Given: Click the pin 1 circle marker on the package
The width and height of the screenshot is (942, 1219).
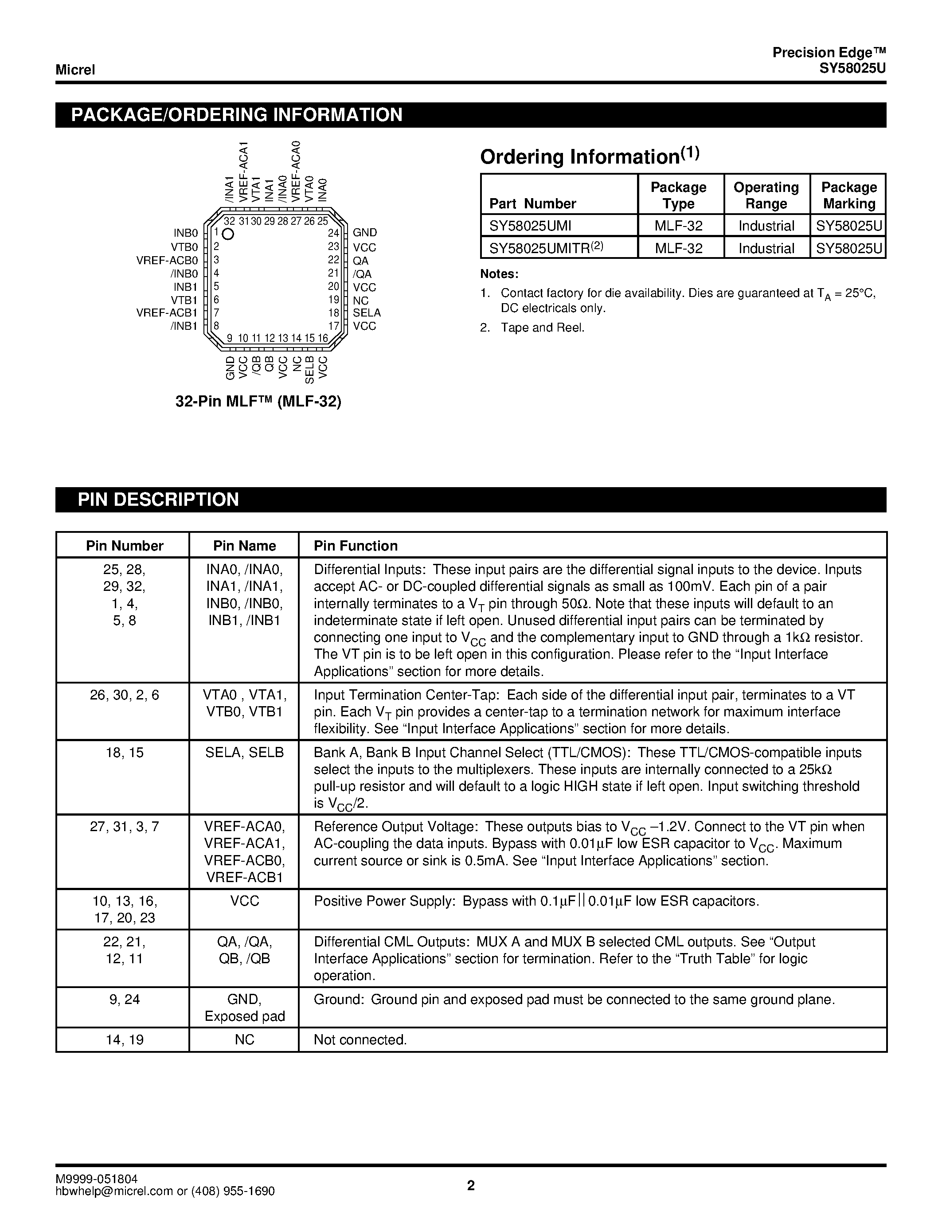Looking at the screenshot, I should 228,234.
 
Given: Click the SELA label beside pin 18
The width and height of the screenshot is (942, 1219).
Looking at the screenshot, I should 367,313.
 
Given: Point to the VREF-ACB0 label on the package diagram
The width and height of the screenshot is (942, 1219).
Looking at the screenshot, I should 167,261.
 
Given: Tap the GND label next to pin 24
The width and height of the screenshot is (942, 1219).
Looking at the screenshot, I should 365,233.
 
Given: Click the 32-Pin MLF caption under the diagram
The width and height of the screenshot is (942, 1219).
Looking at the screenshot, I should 258,401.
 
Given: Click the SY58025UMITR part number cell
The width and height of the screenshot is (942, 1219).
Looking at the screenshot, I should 546,248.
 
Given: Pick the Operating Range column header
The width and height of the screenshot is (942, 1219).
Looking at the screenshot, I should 766,195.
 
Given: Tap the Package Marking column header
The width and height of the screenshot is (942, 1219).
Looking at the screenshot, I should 848,195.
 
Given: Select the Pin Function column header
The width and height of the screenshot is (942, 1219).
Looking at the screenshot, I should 356,546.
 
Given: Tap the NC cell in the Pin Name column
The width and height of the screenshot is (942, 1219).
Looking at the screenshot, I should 244,1039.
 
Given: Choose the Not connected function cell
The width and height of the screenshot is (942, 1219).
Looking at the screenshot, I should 360,1039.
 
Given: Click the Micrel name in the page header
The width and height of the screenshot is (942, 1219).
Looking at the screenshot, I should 75,70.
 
